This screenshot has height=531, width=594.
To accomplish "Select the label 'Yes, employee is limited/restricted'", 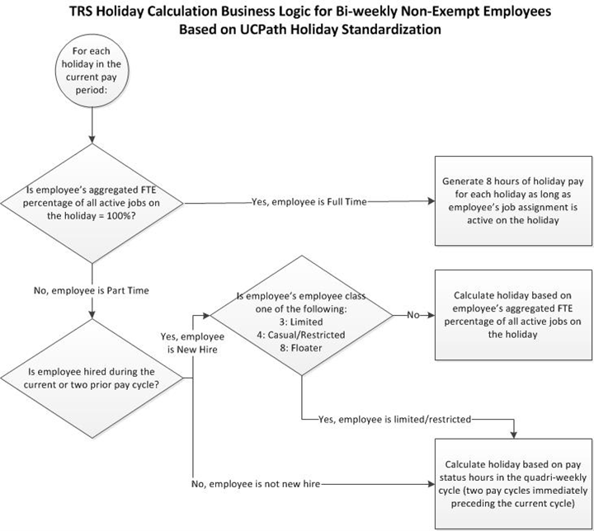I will pyautogui.click(x=394, y=419).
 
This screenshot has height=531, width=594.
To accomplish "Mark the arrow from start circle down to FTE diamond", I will pyautogui.click(x=92, y=124).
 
